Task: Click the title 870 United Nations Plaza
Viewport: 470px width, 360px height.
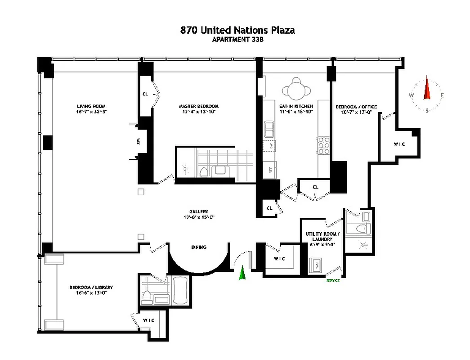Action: click(x=237, y=30)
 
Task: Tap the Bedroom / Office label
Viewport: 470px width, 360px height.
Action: click(x=356, y=107)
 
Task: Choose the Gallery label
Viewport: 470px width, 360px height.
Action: click(x=198, y=211)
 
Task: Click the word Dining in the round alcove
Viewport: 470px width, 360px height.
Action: click(x=198, y=247)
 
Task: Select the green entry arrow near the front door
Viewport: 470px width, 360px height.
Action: click(x=242, y=273)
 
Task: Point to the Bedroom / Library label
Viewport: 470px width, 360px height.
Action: click(x=91, y=287)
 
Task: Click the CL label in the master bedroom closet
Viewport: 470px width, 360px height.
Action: click(x=145, y=94)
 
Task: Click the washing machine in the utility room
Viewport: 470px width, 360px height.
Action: click(x=316, y=265)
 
